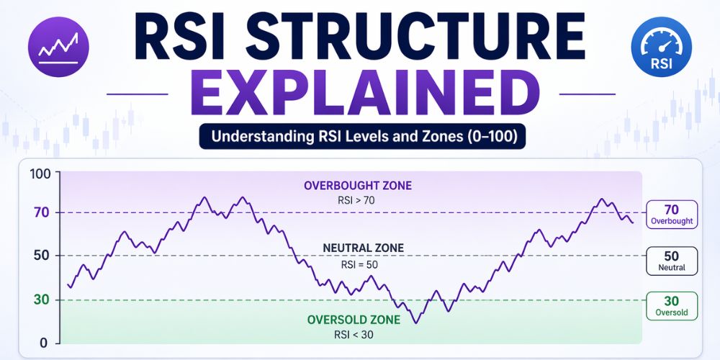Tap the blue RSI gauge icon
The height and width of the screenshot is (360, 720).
pyautogui.click(x=661, y=48)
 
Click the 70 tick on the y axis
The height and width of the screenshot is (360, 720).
pyautogui.click(x=39, y=212)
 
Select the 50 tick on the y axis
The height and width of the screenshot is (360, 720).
pyautogui.click(x=39, y=256)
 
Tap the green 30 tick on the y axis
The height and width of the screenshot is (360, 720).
pyautogui.click(x=39, y=300)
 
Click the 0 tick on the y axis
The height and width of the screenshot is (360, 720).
pyautogui.click(x=42, y=343)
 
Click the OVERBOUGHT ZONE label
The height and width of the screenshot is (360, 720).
pyautogui.click(x=358, y=186)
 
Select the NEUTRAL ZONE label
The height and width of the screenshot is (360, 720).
pyautogui.click(x=364, y=248)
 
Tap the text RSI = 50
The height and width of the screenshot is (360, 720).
pyautogui.click(x=358, y=264)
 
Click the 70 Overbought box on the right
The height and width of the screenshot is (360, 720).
pyautogui.click(x=672, y=215)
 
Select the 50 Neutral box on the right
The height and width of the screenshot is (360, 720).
pyautogui.click(x=672, y=261)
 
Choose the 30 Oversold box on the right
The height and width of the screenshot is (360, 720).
pyautogui.click(x=672, y=305)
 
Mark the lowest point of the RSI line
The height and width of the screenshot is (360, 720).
pyautogui.click(x=416, y=323)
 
